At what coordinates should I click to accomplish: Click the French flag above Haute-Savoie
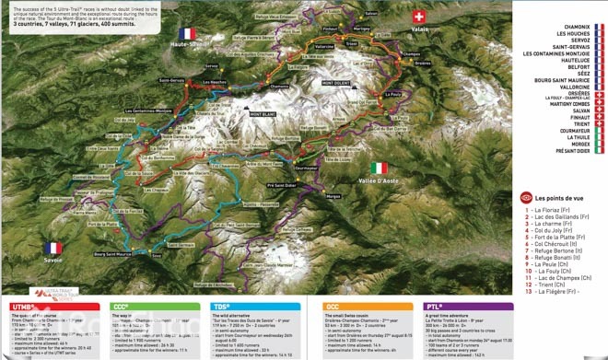tap(185, 34)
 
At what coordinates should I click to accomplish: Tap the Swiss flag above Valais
tap(419, 17)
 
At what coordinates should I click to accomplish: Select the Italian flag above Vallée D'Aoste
tap(380, 168)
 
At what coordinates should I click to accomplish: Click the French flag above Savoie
tap(53, 248)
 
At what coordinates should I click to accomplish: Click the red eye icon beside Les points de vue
tap(527, 196)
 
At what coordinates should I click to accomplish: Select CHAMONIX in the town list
tap(568, 29)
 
